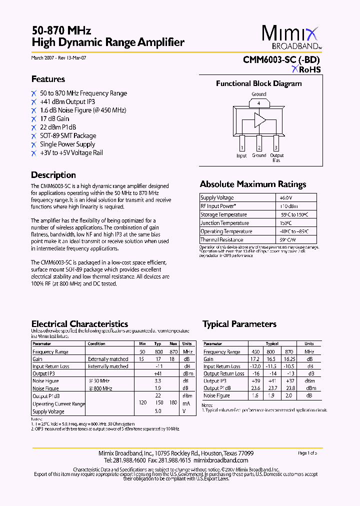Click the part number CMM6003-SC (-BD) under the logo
point(281,59)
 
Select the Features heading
point(48,79)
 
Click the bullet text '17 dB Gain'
point(54,118)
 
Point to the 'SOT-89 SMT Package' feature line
point(68,135)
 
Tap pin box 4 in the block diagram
point(258,103)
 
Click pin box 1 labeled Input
point(242,147)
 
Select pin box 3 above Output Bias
point(275,147)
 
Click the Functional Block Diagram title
point(258,83)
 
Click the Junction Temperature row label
point(224,223)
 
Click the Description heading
point(53,175)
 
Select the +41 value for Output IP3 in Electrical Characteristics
point(158,373)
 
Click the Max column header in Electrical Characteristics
point(173,344)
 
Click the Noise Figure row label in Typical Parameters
point(216,395)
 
